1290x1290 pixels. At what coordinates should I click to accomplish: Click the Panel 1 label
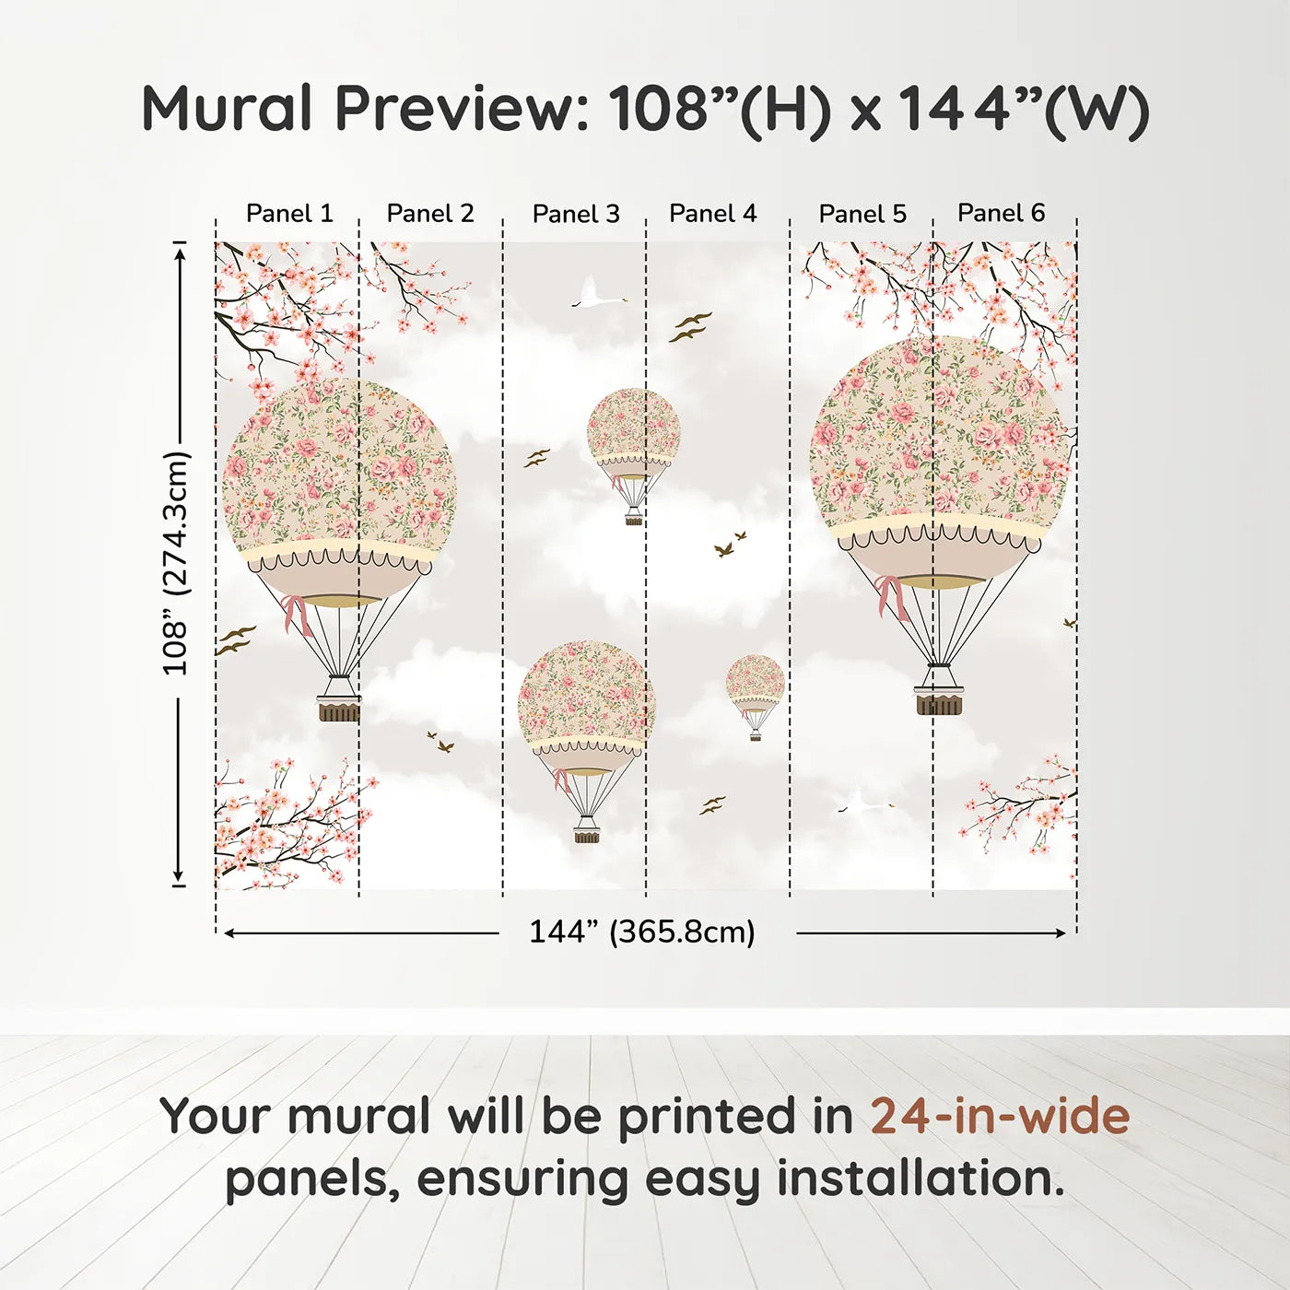tap(289, 214)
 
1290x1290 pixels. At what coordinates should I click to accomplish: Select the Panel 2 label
tap(430, 214)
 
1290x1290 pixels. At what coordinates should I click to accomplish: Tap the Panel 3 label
tap(576, 214)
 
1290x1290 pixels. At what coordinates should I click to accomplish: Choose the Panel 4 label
tap(713, 214)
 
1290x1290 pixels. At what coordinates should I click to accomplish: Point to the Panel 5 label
tap(862, 214)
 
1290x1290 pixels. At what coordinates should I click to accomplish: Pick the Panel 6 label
tap(1002, 213)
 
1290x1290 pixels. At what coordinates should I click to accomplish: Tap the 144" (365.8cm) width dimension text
tap(642, 932)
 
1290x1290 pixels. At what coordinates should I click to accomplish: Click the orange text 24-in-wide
tap(1000, 1116)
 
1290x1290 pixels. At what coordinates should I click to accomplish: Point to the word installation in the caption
tap(919, 1179)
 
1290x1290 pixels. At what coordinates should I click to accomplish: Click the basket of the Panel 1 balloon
tap(339, 709)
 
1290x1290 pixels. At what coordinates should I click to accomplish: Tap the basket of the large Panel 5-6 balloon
tap(939, 703)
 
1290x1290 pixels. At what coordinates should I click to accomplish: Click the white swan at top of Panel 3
tap(595, 294)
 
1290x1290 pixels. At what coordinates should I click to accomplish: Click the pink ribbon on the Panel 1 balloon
tap(297, 614)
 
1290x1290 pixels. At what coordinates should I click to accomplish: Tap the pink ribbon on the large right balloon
tap(890, 596)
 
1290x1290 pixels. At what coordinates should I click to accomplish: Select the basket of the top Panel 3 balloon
tap(634, 520)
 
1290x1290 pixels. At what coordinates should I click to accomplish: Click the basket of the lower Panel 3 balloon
tap(587, 836)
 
